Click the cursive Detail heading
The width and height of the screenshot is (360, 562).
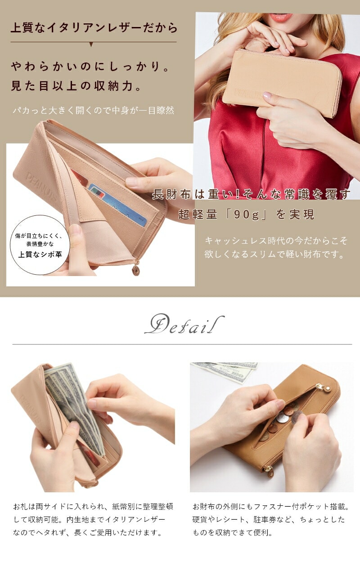(184, 324)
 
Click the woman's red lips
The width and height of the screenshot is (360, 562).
(281, 18)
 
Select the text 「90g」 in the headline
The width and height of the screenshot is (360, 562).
(246, 215)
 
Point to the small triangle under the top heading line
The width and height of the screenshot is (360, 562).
(91, 45)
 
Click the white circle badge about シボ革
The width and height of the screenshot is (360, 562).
(40, 245)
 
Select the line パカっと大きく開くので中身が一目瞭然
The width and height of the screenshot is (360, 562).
(94, 111)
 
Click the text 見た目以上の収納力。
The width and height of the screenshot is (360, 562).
(76, 86)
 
